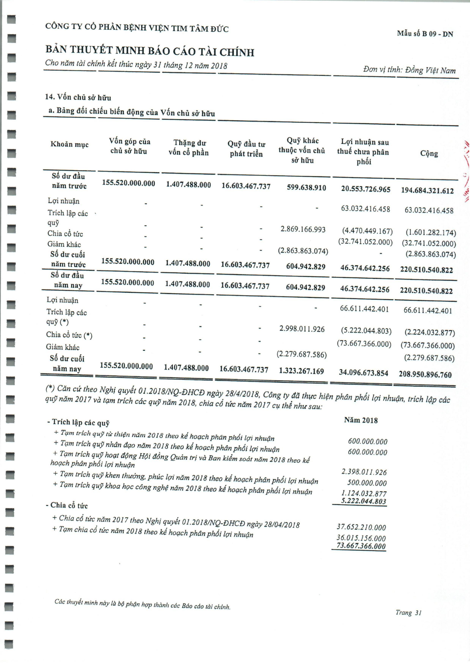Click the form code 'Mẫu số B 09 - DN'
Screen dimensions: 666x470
[425, 34]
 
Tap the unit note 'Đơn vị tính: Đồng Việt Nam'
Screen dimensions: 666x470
[409, 70]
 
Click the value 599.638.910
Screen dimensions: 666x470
[306, 188]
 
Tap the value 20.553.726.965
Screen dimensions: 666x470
[366, 189]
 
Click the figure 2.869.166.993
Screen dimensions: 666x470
[303, 230]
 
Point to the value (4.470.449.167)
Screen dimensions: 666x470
[367, 231]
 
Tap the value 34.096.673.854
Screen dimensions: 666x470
[364, 373]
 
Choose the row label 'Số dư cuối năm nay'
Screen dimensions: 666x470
[67, 364]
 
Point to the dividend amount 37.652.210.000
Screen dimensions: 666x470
[361, 527]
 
